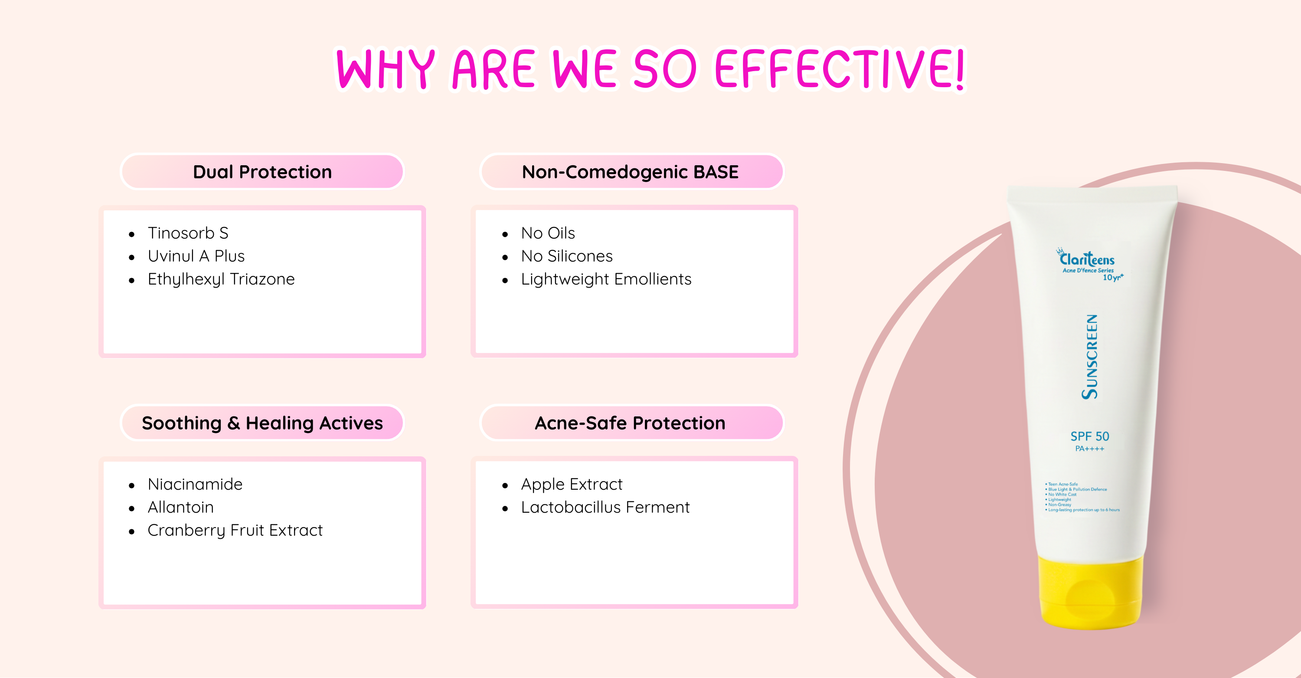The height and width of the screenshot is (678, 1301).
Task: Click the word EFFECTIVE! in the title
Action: (840, 69)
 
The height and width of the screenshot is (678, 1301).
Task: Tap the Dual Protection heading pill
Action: (262, 172)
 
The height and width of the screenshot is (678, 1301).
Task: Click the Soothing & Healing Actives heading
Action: (262, 423)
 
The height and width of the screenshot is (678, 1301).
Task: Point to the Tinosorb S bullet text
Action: (188, 233)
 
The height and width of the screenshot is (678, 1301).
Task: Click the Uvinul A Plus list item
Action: (196, 256)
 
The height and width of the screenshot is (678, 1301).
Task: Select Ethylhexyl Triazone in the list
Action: (221, 279)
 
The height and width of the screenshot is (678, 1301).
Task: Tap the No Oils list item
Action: (548, 233)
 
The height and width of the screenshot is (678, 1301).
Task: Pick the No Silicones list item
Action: (567, 256)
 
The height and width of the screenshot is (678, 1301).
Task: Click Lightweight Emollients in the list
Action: (606, 279)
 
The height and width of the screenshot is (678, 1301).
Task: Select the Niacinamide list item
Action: (195, 484)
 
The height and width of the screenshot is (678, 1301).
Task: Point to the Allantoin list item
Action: (181, 507)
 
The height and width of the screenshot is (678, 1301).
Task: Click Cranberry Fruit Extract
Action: (235, 531)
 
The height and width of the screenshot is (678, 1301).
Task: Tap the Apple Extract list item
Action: (572, 484)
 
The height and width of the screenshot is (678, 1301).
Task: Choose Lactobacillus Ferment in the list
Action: (605, 507)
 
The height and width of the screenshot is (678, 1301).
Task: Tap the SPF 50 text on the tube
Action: (1090, 436)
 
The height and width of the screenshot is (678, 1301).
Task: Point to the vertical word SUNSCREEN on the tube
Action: (1090, 357)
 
